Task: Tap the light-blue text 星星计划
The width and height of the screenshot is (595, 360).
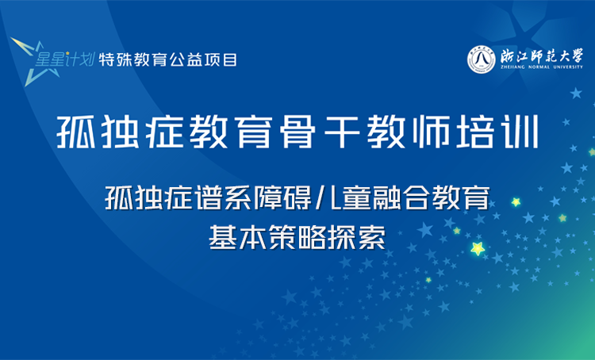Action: point(67,59)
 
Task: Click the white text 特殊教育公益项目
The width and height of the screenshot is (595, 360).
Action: point(167,60)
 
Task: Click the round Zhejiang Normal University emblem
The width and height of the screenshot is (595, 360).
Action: point(482,59)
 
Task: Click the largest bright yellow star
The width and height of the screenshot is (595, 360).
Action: point(478,249)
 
